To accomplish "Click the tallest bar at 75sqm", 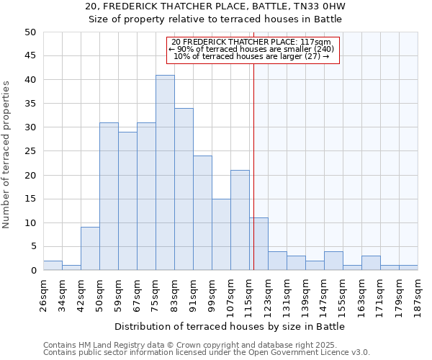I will pos(165,173).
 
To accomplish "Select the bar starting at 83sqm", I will pos(184,189).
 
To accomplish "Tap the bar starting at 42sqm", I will pos(90,249).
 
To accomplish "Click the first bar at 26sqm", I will pos(53,266).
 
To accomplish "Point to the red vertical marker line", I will pos(253,166).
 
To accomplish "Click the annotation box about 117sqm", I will pos(252,50).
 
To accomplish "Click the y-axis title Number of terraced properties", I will pos(7,154).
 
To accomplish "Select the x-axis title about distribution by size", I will pos(230,326).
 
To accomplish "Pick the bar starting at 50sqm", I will pos(109,197).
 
